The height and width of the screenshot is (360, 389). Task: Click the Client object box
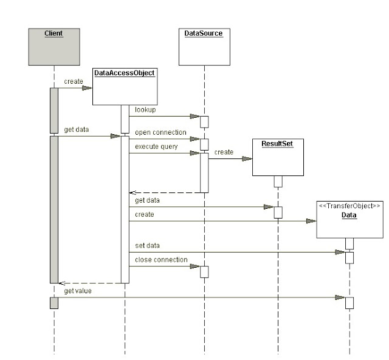[x=54, y=47]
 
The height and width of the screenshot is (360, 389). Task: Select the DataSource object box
[x=204, y=47]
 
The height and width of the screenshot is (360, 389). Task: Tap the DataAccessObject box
[x=125, y=86]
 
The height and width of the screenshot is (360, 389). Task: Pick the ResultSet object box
[x=278, y=157]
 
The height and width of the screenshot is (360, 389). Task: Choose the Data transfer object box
[x=350, y=220]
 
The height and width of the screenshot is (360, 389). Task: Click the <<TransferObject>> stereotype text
[x=349, y=206]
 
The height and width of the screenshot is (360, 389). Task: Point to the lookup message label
[x=145, y=110]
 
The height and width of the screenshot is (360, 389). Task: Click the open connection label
[x=160, y=132]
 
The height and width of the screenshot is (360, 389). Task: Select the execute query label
[x=156, y=147]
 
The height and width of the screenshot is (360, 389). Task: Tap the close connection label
[x=161, y=260]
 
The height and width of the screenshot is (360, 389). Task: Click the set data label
[x=147, y=245]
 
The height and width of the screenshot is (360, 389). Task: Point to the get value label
[x=78, y=291]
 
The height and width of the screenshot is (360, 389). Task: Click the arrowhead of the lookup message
[x=195, y=116]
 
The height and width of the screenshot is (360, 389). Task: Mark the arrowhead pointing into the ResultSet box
[x=247, y=159]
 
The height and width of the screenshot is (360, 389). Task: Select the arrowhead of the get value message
[x=340, y=297]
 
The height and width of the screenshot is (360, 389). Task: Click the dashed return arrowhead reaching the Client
[x=62, y=283]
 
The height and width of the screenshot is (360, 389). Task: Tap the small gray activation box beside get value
[x=54, y=303]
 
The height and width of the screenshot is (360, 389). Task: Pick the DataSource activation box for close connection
[x=204, y=272]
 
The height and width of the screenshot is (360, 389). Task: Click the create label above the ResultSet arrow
[x=224, y=152]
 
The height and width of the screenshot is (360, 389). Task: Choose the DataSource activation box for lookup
[x=204, y=122]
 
